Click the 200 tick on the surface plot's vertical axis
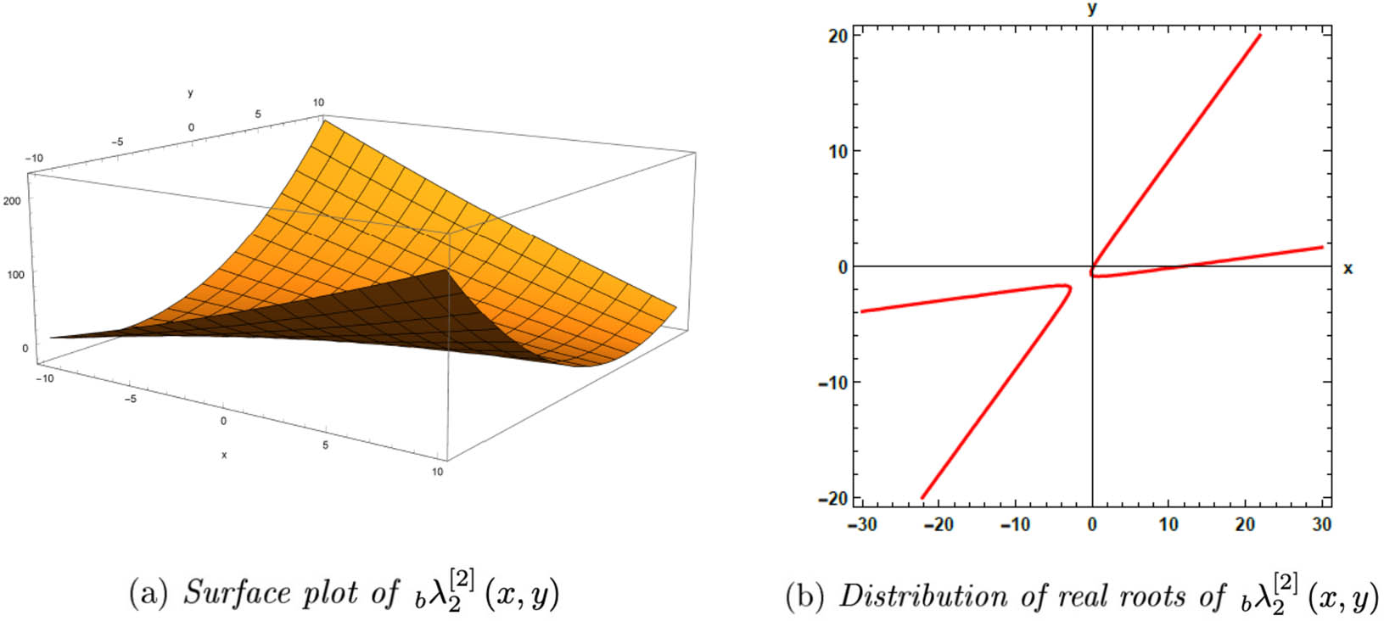click(x=15, y=200)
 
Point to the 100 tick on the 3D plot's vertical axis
click(x=15, y=274)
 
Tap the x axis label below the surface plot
click(x=224, y=456)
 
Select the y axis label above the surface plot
click(x=190, y=93)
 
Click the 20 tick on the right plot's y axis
click(x=838, y=36)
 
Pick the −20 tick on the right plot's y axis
click(x=834, y=499)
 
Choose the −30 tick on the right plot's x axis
click(x=862, y=525)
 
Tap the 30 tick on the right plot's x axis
click(x=1322, y=525)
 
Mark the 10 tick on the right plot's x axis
click(x=1168, y=525)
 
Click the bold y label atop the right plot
click(x=1092, y=9)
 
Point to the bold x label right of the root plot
click(x=1348, y=269)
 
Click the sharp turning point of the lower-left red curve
click(x=1068, y=288)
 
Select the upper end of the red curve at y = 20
click(x=1259, y=36)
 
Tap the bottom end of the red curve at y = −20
click(x=923, y=497)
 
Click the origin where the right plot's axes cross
click(x=1092, y=266)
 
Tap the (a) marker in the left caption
click(x=146, y=593)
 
